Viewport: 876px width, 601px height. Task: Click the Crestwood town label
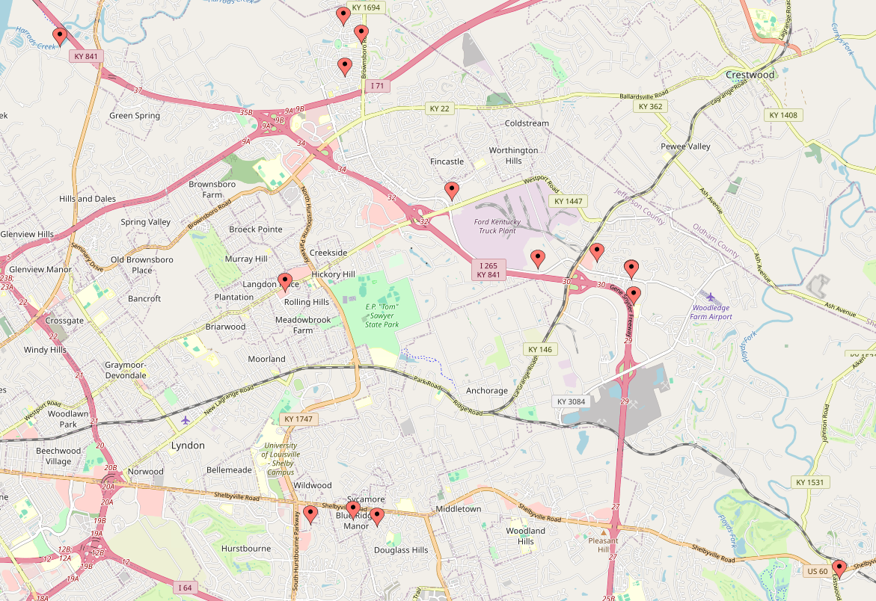(750, 75)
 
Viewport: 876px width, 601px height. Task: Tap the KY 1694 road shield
(366, 7)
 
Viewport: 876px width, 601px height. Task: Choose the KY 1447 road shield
(569, 201)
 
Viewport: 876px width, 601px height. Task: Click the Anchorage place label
(486, 391)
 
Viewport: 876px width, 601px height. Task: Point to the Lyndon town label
(188, 446)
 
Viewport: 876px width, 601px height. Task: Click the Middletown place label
(458, 509)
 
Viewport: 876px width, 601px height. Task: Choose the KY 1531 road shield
(809, 482)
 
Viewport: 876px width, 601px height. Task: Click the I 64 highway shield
(186, 588)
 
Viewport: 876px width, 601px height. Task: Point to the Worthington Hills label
(513, 155)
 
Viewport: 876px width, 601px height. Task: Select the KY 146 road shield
(539, 349)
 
